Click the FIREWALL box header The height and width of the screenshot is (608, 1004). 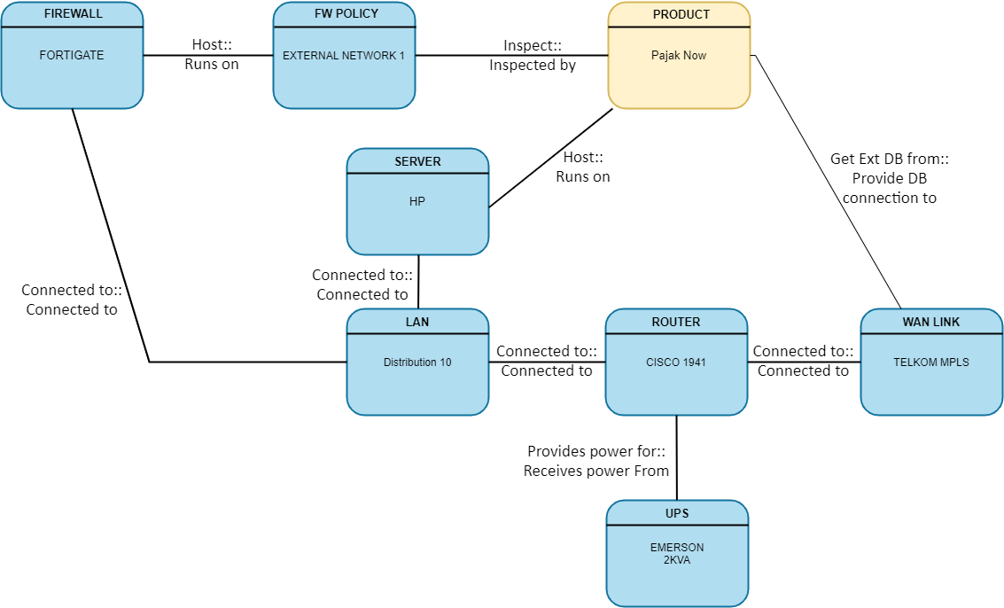72,14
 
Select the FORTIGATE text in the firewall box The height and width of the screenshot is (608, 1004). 72,55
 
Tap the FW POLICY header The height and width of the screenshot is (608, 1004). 345,14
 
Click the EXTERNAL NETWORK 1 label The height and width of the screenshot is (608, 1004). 344,55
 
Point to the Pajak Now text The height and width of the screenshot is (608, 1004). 679,55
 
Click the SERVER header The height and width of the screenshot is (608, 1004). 417,161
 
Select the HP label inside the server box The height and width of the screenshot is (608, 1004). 417,201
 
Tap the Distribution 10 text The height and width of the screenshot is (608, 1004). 417,362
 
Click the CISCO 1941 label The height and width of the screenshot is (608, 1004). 676,362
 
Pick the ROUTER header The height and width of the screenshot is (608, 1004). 676,322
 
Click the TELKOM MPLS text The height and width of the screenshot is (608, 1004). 931,362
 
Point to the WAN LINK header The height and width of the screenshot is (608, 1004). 931,322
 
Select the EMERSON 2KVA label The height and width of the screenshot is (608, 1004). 677,554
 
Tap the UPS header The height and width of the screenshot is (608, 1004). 677,513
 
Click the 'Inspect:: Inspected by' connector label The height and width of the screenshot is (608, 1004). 533,55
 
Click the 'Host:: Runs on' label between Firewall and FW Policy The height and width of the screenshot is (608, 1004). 212,54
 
